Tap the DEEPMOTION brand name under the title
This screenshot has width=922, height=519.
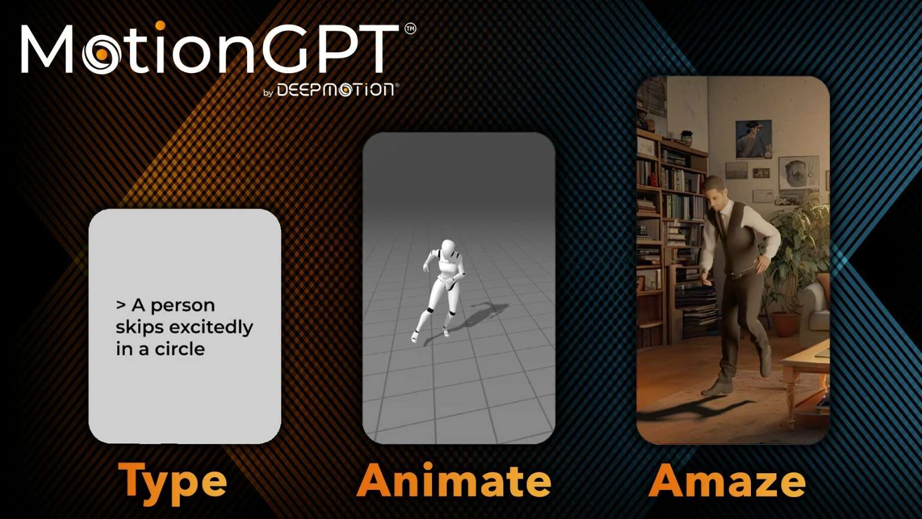[x=335, y=89]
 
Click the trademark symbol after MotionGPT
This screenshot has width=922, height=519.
[x=411, y=28]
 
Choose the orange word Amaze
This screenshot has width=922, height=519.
[x=727, y=481]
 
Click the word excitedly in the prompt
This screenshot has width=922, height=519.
[x=212, y=327]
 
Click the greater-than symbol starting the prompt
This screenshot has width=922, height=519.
[x=121, y=305]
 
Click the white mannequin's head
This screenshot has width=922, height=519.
[x=447, y=248]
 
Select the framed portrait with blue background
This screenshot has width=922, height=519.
[x=753, y=139]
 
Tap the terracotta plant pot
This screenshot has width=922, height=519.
[x=785, y=324]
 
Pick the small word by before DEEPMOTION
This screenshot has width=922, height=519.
[x=268, y=93]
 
